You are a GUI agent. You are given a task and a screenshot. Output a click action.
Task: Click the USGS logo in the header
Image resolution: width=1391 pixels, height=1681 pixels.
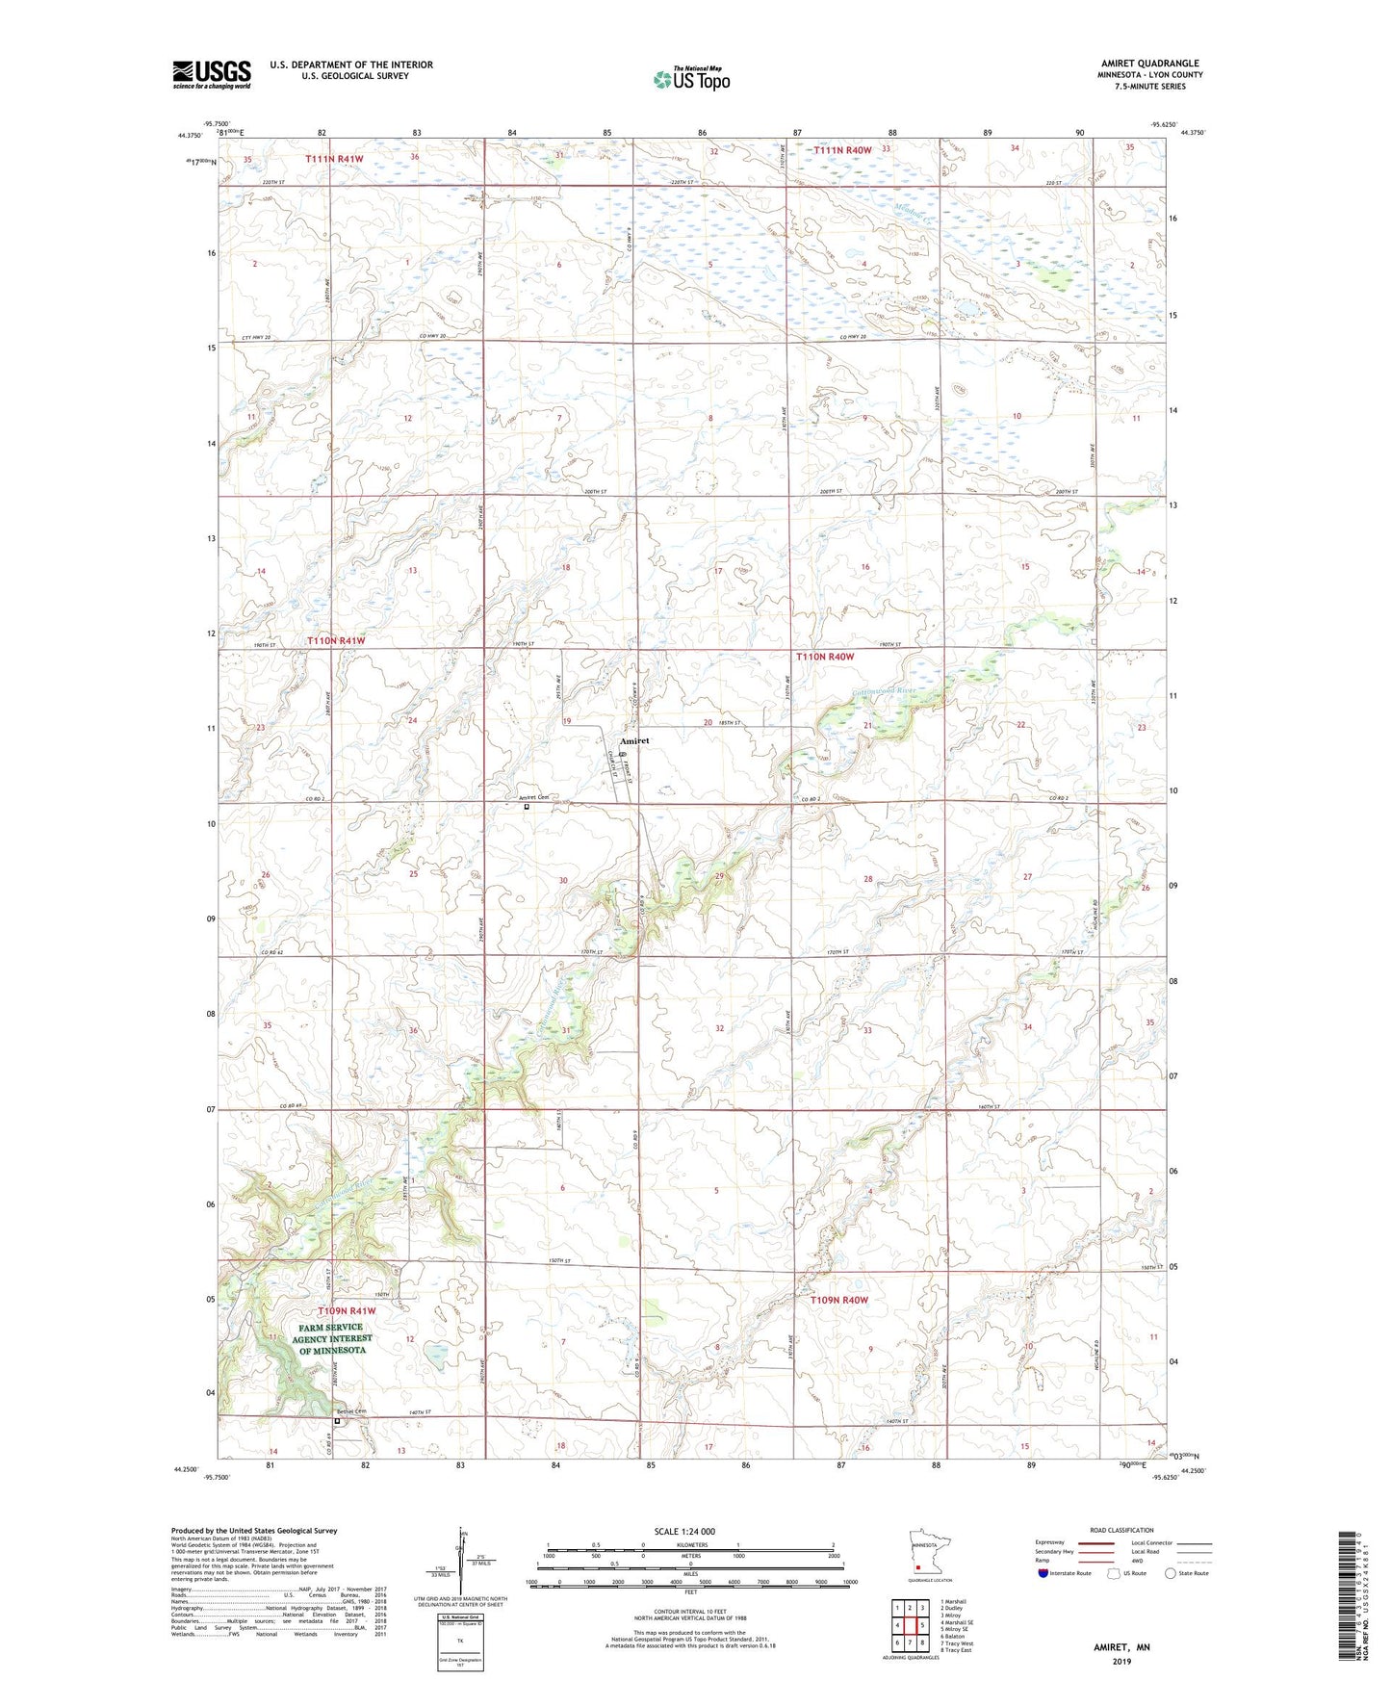coord(211,74)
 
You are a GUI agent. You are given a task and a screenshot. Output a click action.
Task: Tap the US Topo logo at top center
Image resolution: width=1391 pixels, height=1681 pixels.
coord(691,79)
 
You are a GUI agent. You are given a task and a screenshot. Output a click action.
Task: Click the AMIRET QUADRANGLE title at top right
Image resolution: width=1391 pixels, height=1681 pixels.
coord(1149,64)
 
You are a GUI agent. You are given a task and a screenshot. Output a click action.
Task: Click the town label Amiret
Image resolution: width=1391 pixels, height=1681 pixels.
coord(634,740)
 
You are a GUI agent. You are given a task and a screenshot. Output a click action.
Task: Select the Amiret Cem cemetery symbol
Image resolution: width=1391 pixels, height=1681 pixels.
coord(527,807)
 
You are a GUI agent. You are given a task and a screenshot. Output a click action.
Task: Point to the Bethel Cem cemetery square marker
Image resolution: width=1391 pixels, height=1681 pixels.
coord(337,1420)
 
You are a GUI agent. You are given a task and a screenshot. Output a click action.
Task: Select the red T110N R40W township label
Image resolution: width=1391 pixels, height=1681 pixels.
coord(825,657)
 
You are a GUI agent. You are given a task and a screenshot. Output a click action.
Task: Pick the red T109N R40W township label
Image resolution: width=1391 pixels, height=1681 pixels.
coord(838,1300)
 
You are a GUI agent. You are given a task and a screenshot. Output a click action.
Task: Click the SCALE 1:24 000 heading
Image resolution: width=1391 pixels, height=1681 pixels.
coord(684,1531)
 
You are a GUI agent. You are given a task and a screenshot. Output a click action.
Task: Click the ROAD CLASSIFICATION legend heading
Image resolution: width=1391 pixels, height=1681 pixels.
coord(1121,1530)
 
